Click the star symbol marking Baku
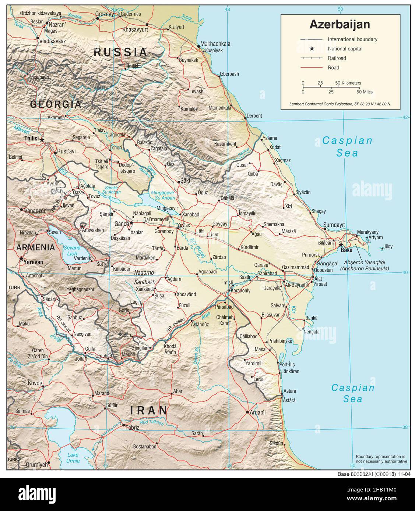(x=341, y=244)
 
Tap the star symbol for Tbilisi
(x=42, y=140)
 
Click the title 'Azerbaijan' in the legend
(x=340, y=25)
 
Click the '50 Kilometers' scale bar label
(x=348, y=83)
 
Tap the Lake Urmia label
(x=73, y=458)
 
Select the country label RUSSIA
(x=120, y=52)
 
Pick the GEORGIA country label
(x=56, y=104)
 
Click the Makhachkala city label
(x=216, y=44)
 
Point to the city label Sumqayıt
(x=334, y=225)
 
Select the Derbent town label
(x=254, y=116)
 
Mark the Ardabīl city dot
(x=247, y=412)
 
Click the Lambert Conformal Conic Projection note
(x=340, y=104)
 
